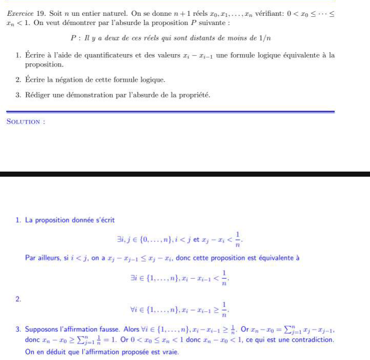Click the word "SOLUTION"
(x=23, y=122)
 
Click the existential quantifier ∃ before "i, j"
(x=119, y=238)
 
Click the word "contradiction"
(x=312, y=340)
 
